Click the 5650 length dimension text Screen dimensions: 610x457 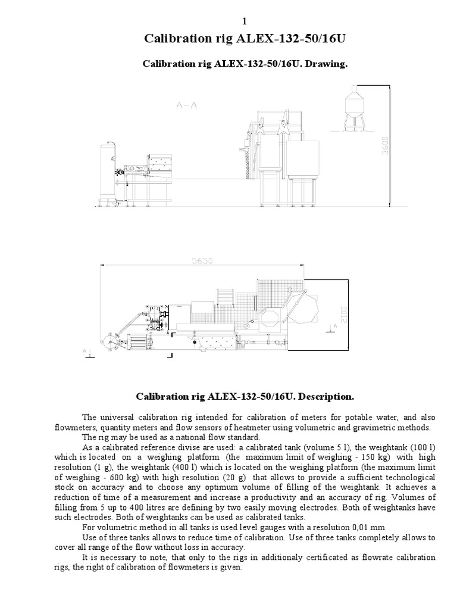coord(202,260)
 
